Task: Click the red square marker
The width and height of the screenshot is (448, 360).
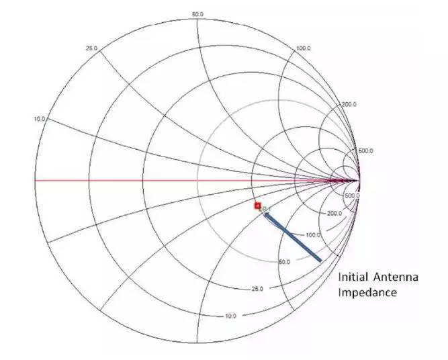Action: pos(257,206)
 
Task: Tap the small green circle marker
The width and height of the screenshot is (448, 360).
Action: pos(264,209)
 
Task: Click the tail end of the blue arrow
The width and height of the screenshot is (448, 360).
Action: pos(320,259)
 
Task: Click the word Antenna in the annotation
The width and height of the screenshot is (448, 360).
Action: pos(396,277)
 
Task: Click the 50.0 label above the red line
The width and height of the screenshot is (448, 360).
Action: pos(197,15)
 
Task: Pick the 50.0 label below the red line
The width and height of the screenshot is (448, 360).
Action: pos(284,262)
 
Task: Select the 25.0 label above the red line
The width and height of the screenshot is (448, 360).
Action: pos(92,48)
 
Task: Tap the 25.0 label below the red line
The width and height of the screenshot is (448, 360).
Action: pos(257,289)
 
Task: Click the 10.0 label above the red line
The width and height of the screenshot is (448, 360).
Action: pos(40,119)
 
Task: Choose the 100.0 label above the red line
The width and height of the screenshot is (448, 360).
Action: pos(304,48)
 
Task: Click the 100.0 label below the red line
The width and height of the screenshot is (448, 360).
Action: pos(312,235)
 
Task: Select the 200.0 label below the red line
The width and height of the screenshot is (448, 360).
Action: pos(334,213)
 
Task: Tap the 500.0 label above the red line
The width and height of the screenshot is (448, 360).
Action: pos(365,151)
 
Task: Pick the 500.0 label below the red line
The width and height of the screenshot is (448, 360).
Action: pos(353,195)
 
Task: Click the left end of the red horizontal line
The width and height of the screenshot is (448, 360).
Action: pos(35,181)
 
